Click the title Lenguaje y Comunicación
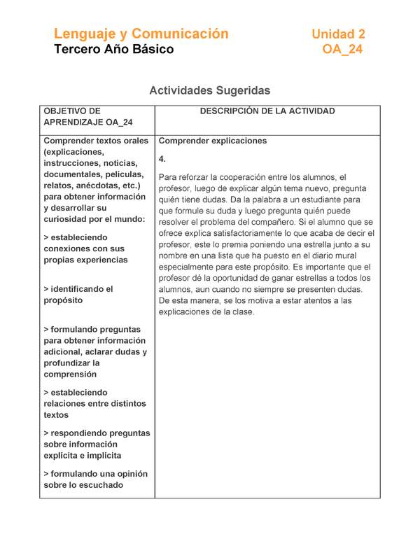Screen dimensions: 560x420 tap(141, 34)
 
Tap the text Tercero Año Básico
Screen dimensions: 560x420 tap(114, 50)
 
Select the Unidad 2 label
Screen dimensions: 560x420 tap(338, 34)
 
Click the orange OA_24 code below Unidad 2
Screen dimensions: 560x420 tap(342, 50)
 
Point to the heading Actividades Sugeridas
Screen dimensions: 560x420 tap(209, 90)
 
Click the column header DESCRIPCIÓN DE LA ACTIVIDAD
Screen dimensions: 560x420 tap(267, 111)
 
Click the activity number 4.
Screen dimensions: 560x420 tap(162, 159)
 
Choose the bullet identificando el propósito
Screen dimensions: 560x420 tap(78, 295)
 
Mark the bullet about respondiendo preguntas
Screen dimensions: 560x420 tap(96, 444)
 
